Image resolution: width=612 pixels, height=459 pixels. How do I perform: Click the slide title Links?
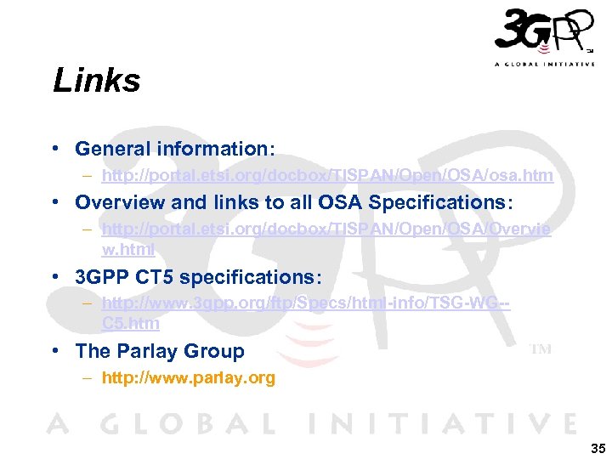(96, 82)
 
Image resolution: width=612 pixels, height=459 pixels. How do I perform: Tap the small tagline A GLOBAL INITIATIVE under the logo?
(544, 65)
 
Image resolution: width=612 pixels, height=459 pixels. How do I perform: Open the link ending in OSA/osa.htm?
(327, 176)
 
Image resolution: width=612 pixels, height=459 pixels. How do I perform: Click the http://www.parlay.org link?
(188, 378)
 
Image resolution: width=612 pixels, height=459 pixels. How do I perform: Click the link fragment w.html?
(127, 249)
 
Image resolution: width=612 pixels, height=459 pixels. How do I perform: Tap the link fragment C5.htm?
(130, 323)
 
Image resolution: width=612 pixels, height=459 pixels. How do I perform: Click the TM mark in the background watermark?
(541, 348)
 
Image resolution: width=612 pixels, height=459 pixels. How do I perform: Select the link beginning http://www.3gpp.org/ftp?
(305, 304)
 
